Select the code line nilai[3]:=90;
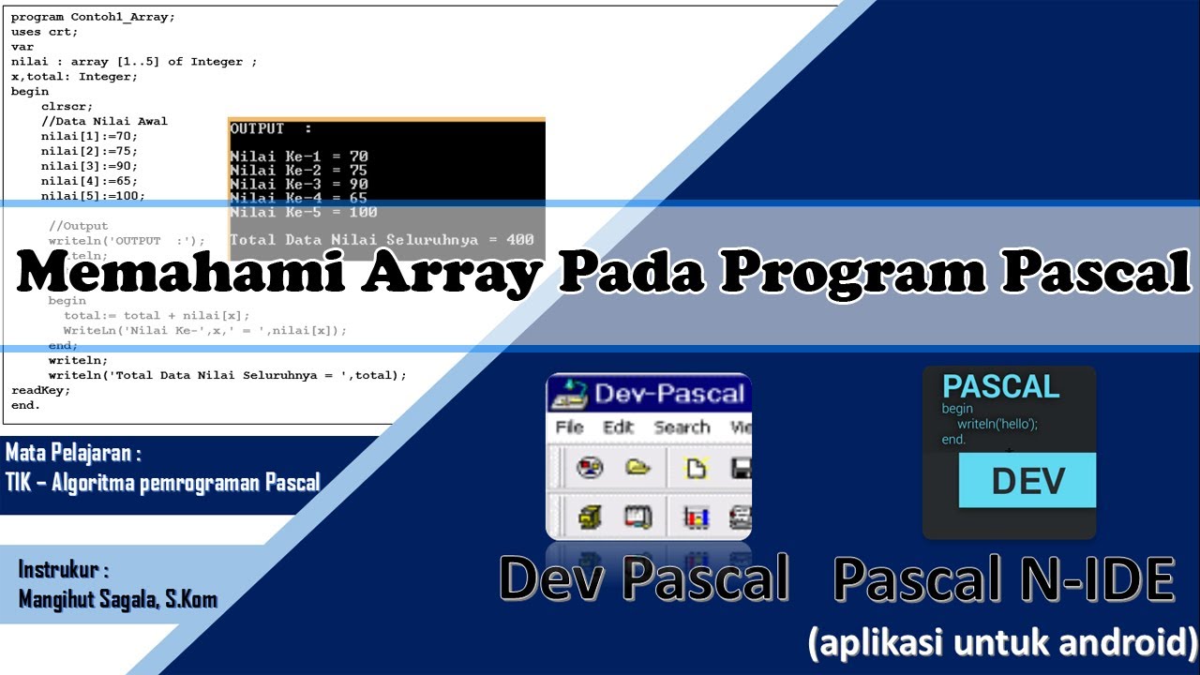click(89, 166)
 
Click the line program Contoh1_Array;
click(93, 17)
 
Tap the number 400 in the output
click(518, 240)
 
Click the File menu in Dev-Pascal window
click(569, 427)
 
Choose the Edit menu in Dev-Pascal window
click(618, 427)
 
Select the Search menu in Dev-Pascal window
click(682, 427)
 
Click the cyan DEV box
click(1027, 480)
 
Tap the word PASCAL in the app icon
click(1000, 386)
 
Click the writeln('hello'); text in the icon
click(997, 424)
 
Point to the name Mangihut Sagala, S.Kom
click(118, 599)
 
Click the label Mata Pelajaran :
click(73, 455)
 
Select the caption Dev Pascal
click(644, 578)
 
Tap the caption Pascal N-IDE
click(1003, 578)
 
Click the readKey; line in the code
click(40, 390)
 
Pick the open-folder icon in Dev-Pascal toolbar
click(638, 467)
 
